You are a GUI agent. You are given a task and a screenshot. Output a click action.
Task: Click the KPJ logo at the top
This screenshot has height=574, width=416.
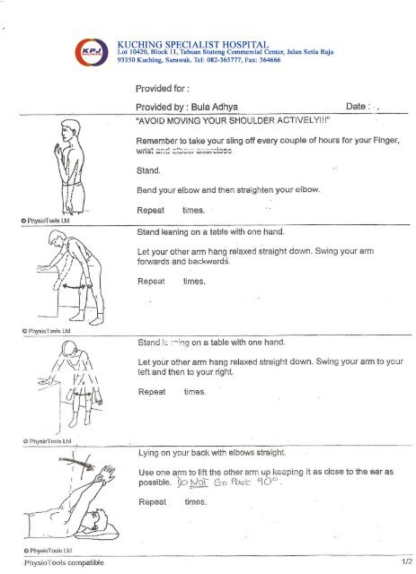[x=92, y=51]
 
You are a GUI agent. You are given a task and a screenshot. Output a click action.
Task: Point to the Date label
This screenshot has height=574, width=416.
[x=361, y=105]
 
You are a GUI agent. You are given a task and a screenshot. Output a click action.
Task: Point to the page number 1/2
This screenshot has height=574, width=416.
[x=403, y=562]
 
